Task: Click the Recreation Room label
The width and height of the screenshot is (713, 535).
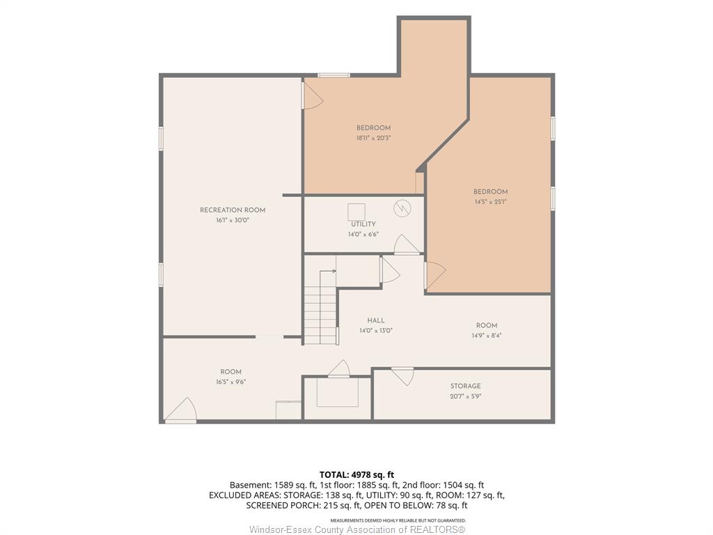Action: pyautogui.click(x=233, y=210)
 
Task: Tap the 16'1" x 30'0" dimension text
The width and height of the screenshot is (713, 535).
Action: pyautogui.click(x=233, y=220)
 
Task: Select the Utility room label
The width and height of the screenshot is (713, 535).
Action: pyautogui.click(x=363, y=224)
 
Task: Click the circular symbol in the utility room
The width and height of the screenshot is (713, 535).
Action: pyautogui.click(x=402, y=208)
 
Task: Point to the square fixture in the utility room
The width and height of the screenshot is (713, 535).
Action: pyautogui.click(x=356, y=212)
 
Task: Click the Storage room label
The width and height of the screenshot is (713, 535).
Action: pyautogui.click(x=466, y=386)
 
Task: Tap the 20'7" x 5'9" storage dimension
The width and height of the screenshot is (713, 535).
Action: pyautogui.click(x=466, y=396)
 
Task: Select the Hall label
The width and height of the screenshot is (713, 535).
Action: pyautogui.click(x=376, y=320)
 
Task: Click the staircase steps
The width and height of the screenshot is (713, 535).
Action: pyautogui.click(x=320, y=314)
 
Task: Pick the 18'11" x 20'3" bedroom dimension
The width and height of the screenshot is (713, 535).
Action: pyautogui.click(x=374, y=138)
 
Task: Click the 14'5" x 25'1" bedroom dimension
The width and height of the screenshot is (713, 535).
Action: pyautogui.click(x=491, y=201)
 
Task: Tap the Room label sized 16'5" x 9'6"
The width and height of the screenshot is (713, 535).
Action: pyautogui.click(x=231, y=372)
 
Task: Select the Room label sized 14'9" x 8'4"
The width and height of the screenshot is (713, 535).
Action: pyautogui.click(x=487, y=326)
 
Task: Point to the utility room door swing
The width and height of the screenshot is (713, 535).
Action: pyautogui.click(x=406, y=245)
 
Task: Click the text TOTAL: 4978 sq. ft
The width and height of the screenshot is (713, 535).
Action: pyautogui.click(x=356, y=475)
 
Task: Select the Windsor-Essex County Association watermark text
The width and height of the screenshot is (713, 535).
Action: pyautogui.click(x=357, y=530)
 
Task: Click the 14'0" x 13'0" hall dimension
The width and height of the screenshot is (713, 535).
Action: pyautogui.click(x=376, y=331)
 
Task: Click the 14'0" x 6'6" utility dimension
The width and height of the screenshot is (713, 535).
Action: pyautogui.click(x=363, y=234)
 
